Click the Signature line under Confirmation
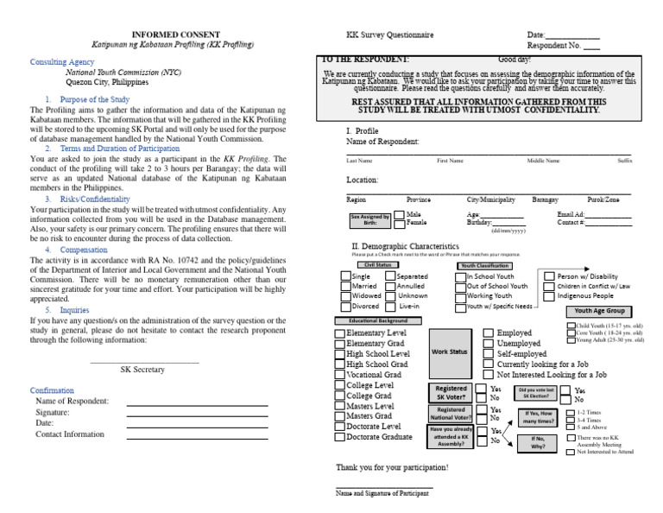click(196, 412)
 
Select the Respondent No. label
click(553, 45)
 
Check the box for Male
click(399, 213)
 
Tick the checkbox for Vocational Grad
click(340, 376)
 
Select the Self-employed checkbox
click(489, 354)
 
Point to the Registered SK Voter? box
click(451, 393)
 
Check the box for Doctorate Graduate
click(340, 437)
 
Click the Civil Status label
click(370, 265)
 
